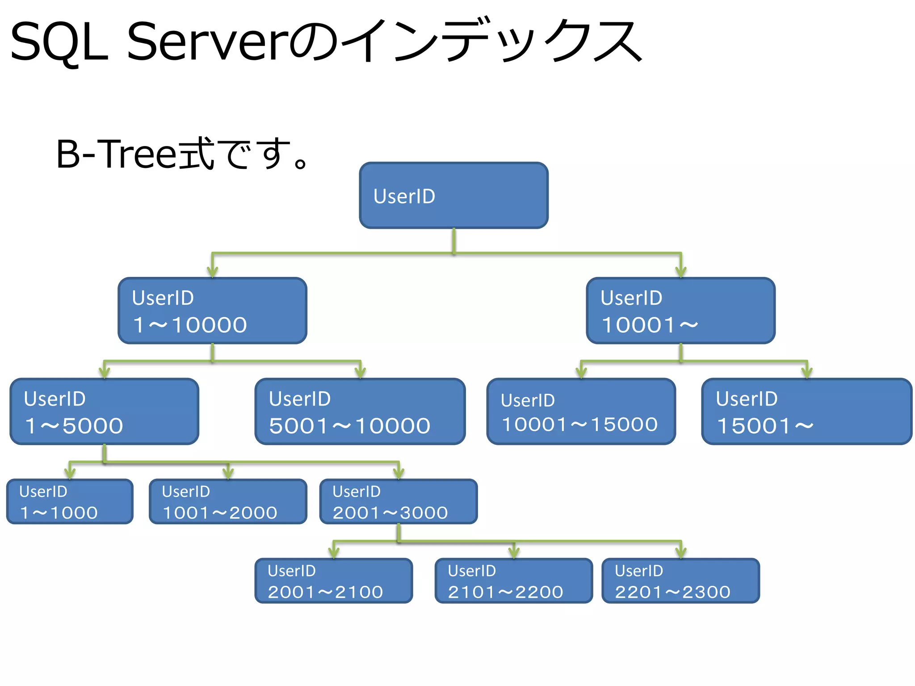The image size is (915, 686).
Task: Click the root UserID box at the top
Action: point(453,196)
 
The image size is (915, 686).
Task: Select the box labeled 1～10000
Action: point(212,311)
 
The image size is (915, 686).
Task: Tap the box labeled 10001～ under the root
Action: point(680,311)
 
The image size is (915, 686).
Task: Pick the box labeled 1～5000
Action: point(104,412)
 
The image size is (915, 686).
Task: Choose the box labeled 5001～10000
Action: point(360,412)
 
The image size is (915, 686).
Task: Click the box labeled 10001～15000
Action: point(581,412)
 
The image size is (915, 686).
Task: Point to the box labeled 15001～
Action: point(806,412)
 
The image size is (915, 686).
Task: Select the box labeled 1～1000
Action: point(70,502)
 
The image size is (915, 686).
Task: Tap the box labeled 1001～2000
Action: point(228,502)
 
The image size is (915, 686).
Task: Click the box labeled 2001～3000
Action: point(399,502)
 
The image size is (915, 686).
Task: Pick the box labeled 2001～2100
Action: point(334,581)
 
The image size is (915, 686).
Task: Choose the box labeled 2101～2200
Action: point(514,581)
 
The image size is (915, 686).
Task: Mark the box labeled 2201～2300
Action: point(680,581)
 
